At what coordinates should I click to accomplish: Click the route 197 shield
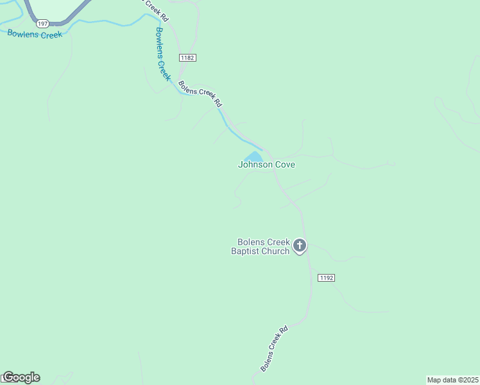click(x=42, y=23)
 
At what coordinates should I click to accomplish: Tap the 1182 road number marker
click(x=187, y=58)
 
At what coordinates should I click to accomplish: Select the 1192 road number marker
click(x=326, y=278)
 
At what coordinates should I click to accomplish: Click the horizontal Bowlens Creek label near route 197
click(x=35, y=34)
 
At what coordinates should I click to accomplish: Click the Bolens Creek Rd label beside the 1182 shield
click(x=200, y=93)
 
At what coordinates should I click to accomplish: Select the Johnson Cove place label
click(x=266, y=164)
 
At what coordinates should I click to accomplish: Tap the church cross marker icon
click(x=300, y=246)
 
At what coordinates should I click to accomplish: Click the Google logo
click(x=21, y=377)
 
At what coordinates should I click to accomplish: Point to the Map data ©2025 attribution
click(x=452, y=380)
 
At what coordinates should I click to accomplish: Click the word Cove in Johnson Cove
click(x=284, y=164)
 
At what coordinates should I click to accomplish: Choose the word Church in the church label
click(x=277, y=251)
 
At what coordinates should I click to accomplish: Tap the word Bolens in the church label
click(x=250, y=242)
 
